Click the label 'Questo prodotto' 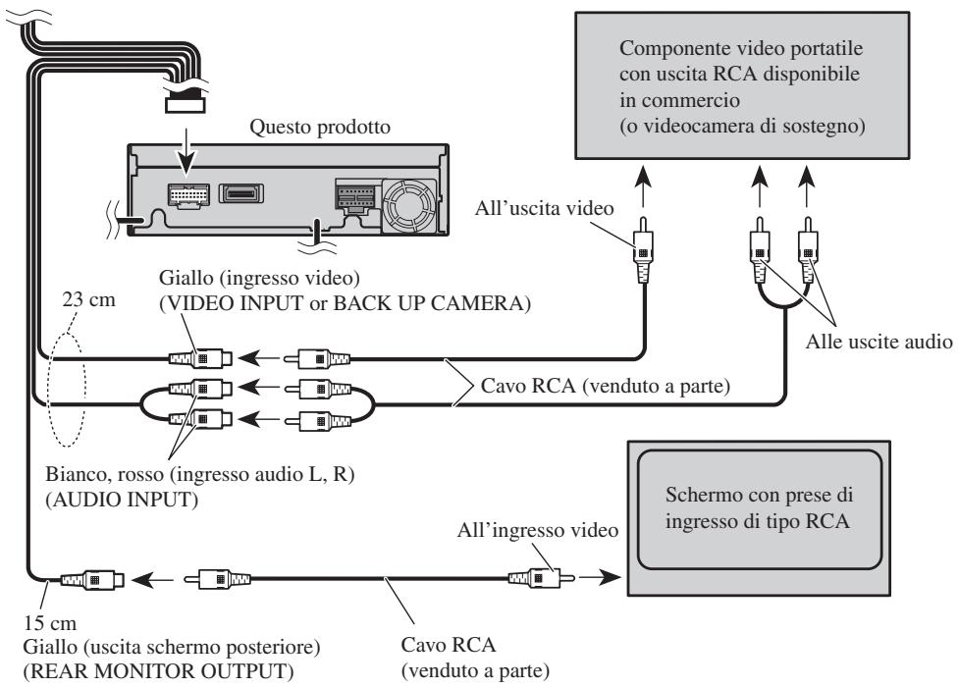pyautogui.click(x=320, y=127)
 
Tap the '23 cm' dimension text pyautogui.click(x=88, y=300)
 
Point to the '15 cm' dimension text pyautogui.click(x=50, y=623)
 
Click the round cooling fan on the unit pyautogui.click(x=409, y=206)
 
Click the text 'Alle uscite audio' pyautogui.click(x=878, y=341)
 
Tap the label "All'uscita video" pyautogui.click(x=544, y=208)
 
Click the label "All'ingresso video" pyautogui.click(x=538, y=530)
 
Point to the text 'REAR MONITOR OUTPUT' pyautogui.click(x=158, y=671)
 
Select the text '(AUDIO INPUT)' pyautogui.click(x=122, y=500)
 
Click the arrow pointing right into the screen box pyautogui.click(x=600, y=577)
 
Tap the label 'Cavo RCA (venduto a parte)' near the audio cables pyautogui.click(x=605, y=386)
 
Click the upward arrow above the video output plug pyautogui.click(x=642, y=187)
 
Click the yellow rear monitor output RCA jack pyautogui.click(x=93, y=579)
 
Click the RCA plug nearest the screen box pyautogui.click(x=541, y=577)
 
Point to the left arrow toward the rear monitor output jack pyautogui.click(x=152, y=579)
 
